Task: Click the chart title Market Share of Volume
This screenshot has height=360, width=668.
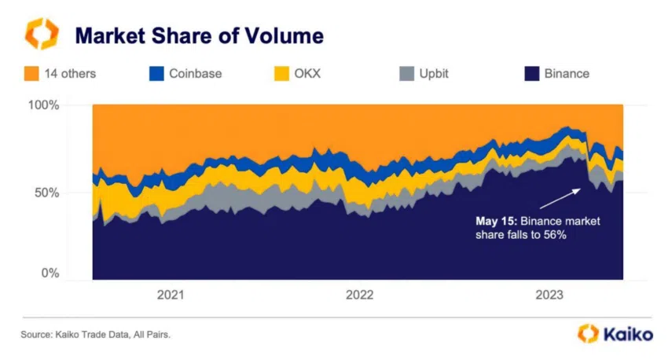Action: point(198,35)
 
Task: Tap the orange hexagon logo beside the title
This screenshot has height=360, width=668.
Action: point(40,35)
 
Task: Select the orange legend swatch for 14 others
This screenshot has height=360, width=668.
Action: point(32,74)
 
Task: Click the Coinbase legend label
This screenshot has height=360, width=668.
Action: point(196,74)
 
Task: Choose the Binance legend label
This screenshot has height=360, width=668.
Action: point(567,74)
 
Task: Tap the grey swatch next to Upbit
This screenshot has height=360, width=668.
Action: point(407,74)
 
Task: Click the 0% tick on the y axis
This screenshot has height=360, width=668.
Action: point(50,274)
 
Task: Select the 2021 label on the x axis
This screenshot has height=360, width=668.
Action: point(171,296)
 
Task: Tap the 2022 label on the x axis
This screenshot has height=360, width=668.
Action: point(360,296)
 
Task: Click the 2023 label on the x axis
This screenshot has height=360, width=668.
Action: point(549,296)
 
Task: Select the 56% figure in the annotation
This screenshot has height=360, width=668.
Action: point(554,235)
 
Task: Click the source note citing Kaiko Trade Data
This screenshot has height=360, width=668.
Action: point(96,335)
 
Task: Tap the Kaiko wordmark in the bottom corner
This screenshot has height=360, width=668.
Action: point(627,334)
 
